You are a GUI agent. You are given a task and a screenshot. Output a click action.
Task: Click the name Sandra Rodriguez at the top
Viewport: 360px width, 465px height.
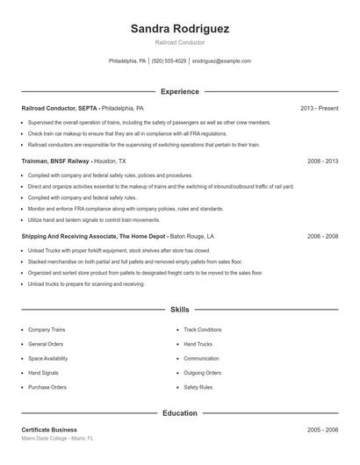180,29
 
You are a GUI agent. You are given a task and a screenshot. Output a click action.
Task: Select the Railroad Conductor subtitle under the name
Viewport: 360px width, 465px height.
180,42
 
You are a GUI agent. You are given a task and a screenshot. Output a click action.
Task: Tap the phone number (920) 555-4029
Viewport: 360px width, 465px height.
169,61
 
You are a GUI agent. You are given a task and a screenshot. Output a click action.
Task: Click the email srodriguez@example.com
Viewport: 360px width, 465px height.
221,61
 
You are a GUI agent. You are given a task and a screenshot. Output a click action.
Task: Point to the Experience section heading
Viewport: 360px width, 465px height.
180,91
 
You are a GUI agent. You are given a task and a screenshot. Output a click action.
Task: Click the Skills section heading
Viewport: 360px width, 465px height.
180,310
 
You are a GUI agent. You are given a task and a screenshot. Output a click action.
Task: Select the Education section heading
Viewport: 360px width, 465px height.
180,412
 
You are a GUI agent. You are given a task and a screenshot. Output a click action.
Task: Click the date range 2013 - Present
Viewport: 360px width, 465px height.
319,108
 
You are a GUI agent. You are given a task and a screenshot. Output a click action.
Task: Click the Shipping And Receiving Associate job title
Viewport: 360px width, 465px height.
83,236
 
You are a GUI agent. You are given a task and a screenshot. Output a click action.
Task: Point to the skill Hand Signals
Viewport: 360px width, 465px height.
45,372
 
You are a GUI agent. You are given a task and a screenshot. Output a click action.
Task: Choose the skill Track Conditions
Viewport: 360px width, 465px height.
202,330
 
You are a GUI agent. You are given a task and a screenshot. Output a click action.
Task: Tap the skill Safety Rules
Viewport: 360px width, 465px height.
198,387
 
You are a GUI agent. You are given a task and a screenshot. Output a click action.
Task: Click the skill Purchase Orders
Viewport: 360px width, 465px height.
47,387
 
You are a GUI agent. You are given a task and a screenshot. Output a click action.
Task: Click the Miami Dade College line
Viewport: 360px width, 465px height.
57,439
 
